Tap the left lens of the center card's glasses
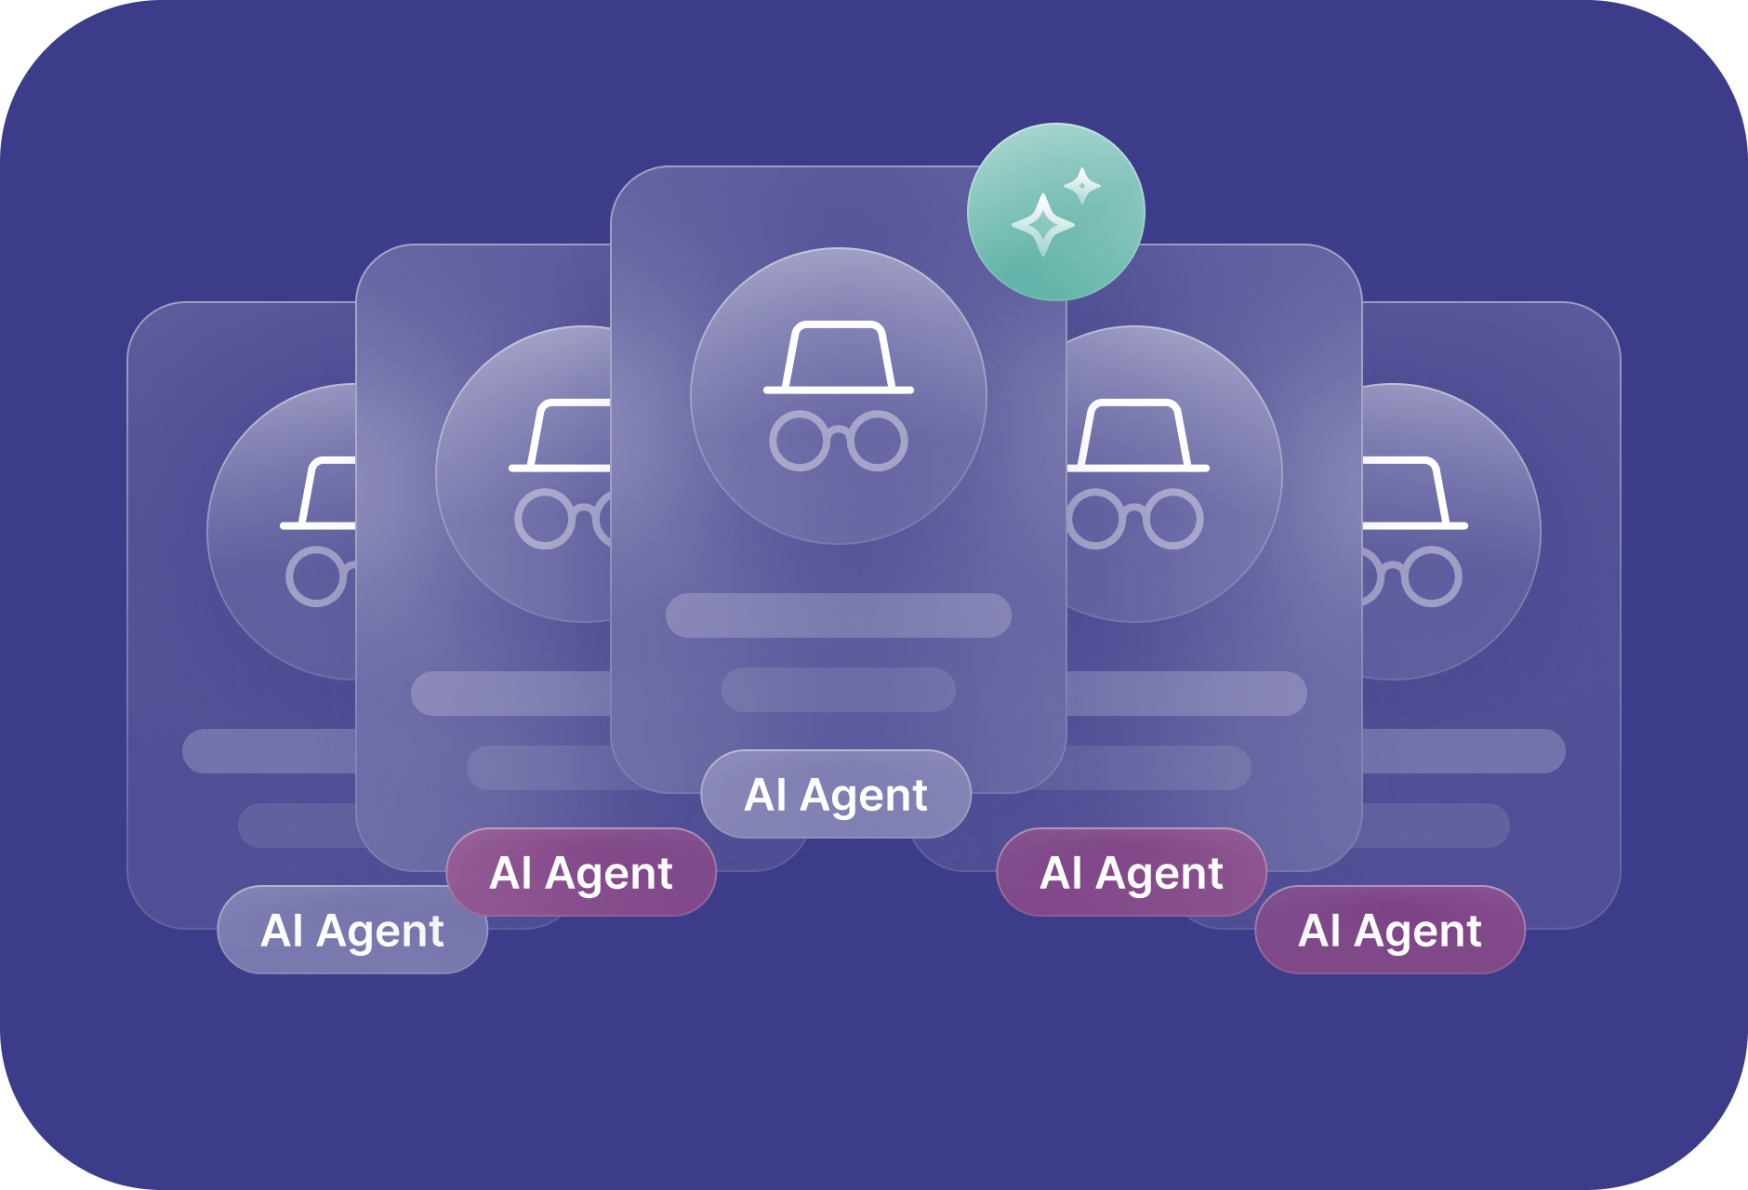click(x=799, y=441)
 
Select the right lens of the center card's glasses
click(x=878, y=441)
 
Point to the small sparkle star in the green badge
click(x=1082, y=185)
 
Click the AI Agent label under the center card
click(x=836, y=795)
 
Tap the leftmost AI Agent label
click(x=352, y=931)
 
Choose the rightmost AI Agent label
click(x=1390, y=931)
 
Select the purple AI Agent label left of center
click(x=581, y=873)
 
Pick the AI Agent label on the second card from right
click(x=1132, y=873)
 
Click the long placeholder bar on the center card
click(x=838, y=615)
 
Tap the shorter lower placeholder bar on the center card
click(x=838, y=690)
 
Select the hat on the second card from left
click(x=563, y=437)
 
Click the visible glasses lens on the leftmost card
click(x=316, y=576)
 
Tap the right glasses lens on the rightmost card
click(x=1431, y=576)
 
